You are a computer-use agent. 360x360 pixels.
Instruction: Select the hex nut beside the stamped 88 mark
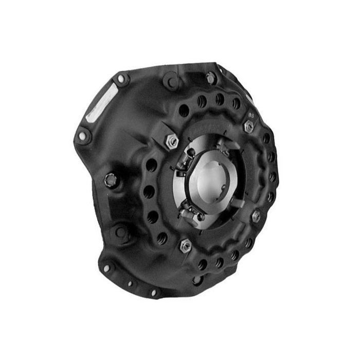coord(249,127)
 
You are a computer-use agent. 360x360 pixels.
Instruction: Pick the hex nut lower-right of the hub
coord(256,217)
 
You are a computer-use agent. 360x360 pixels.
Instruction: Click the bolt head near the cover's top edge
coord(210,78)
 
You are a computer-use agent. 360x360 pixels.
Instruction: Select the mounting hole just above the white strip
coord(121,79)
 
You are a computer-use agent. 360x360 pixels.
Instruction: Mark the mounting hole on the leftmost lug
coord(82,136)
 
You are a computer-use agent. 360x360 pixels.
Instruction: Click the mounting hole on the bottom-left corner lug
coord(106,268)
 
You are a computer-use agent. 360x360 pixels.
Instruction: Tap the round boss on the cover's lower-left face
coord(121,232)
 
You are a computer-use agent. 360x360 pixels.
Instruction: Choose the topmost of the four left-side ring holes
coord(152,166)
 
